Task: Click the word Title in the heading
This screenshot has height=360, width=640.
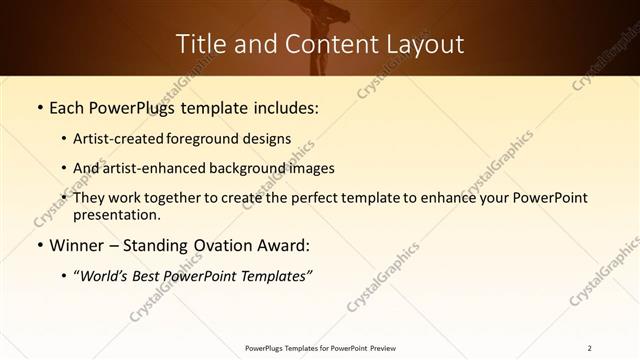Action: pos(199,45)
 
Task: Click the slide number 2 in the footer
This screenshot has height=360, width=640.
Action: pos(590,348)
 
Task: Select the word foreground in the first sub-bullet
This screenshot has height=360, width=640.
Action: pos(212,139)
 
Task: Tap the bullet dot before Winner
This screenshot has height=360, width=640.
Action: pos(39,245)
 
